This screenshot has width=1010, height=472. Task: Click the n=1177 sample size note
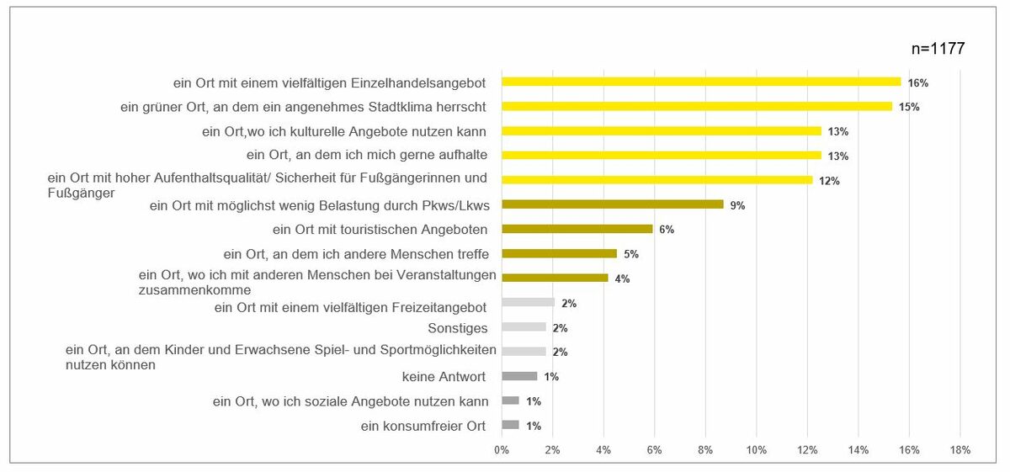click(938, 49)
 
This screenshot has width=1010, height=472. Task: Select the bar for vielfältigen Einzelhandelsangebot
click(700, 82)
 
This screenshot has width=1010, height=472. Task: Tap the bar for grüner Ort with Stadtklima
click(696, 106)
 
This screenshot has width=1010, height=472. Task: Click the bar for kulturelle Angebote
click(661, 130)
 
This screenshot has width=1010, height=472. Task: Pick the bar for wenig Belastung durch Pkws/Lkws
click(612, 204)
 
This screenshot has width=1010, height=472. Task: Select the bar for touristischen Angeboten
click(577, 228)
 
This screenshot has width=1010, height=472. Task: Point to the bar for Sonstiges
click(524, 326)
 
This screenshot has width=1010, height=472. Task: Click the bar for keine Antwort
click(518, 376)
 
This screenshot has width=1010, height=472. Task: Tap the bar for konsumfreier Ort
click(510, 425)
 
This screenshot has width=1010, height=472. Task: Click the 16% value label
click(918, 82)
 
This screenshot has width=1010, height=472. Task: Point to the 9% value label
click(737, 204)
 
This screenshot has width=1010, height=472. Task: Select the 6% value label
click(667, 229)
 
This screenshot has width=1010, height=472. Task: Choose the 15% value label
click(909, 107)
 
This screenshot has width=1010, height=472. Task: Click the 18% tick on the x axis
click(959, 450)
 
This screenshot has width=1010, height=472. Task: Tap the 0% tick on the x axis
click(502, 450)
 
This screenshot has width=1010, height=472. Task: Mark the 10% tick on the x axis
click(756, 450)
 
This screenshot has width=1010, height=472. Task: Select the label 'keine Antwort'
click(445, 376)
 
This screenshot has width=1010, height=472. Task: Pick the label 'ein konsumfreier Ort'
click(423, 426)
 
